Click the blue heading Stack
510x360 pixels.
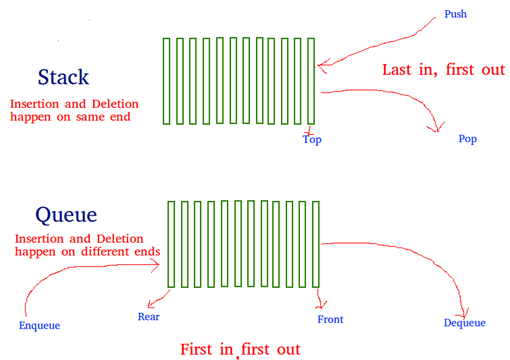click(x=63, y=77)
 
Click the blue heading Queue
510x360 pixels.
click(x=65, y=215)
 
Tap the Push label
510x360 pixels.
click(x=456, y=15)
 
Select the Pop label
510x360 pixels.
click(x=467, y=139)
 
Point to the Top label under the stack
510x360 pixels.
click(x=312, y=139)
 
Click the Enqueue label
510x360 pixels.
click(x=40, y=325)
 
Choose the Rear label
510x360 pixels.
click(x=149, y=317)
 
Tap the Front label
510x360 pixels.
click(x=330, y=319)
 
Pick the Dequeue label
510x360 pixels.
click(x=464, y=322)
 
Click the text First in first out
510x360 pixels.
click(x=240, y=349)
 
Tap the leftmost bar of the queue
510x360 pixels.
click(x=171, y=243)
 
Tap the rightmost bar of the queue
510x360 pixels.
click(x=316, y=243)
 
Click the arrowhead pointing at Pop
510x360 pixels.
click(x=437, y=128)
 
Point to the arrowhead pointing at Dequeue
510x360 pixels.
click(x=466, y=308)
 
